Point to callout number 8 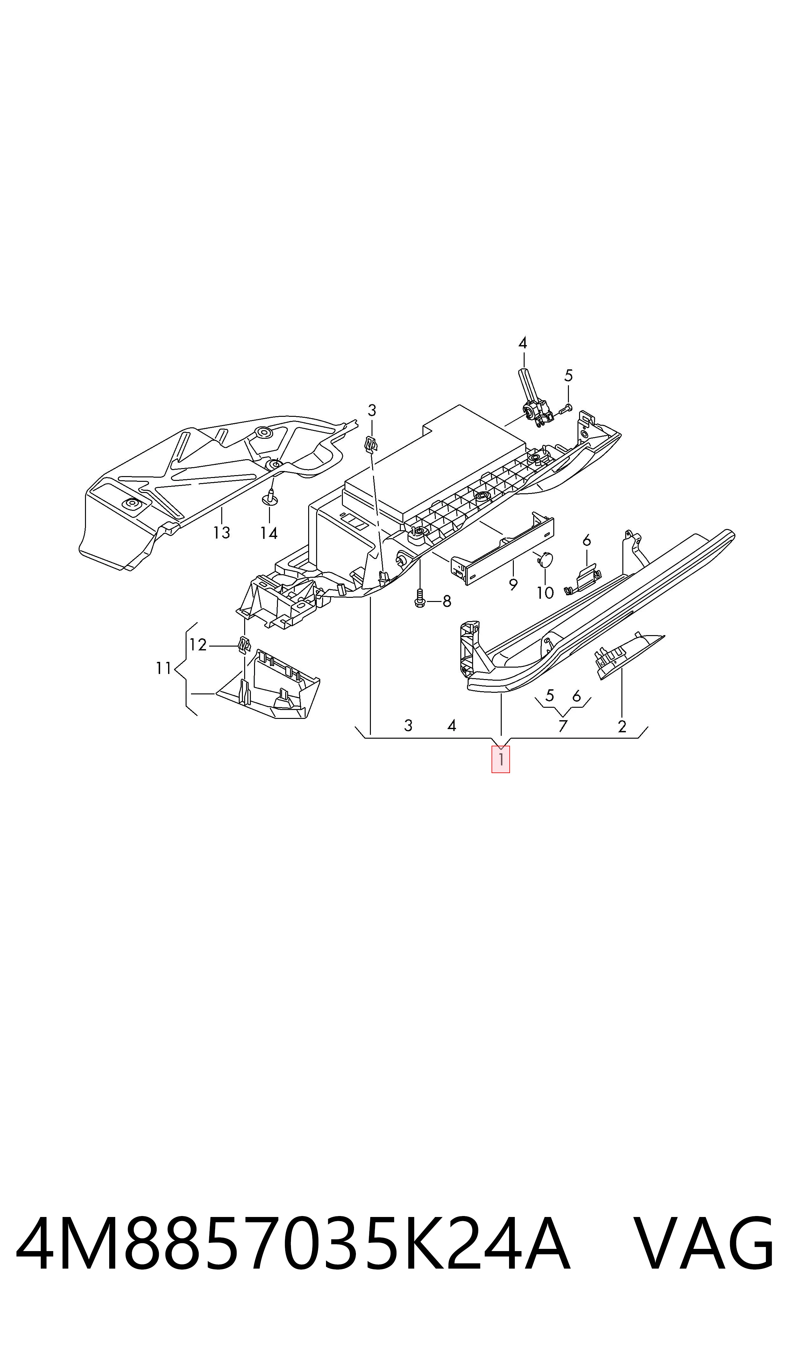(x=447, y=602)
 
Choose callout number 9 (x=513, y=584)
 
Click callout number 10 (x=545, y=592)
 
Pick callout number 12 (x=198, y=645)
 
